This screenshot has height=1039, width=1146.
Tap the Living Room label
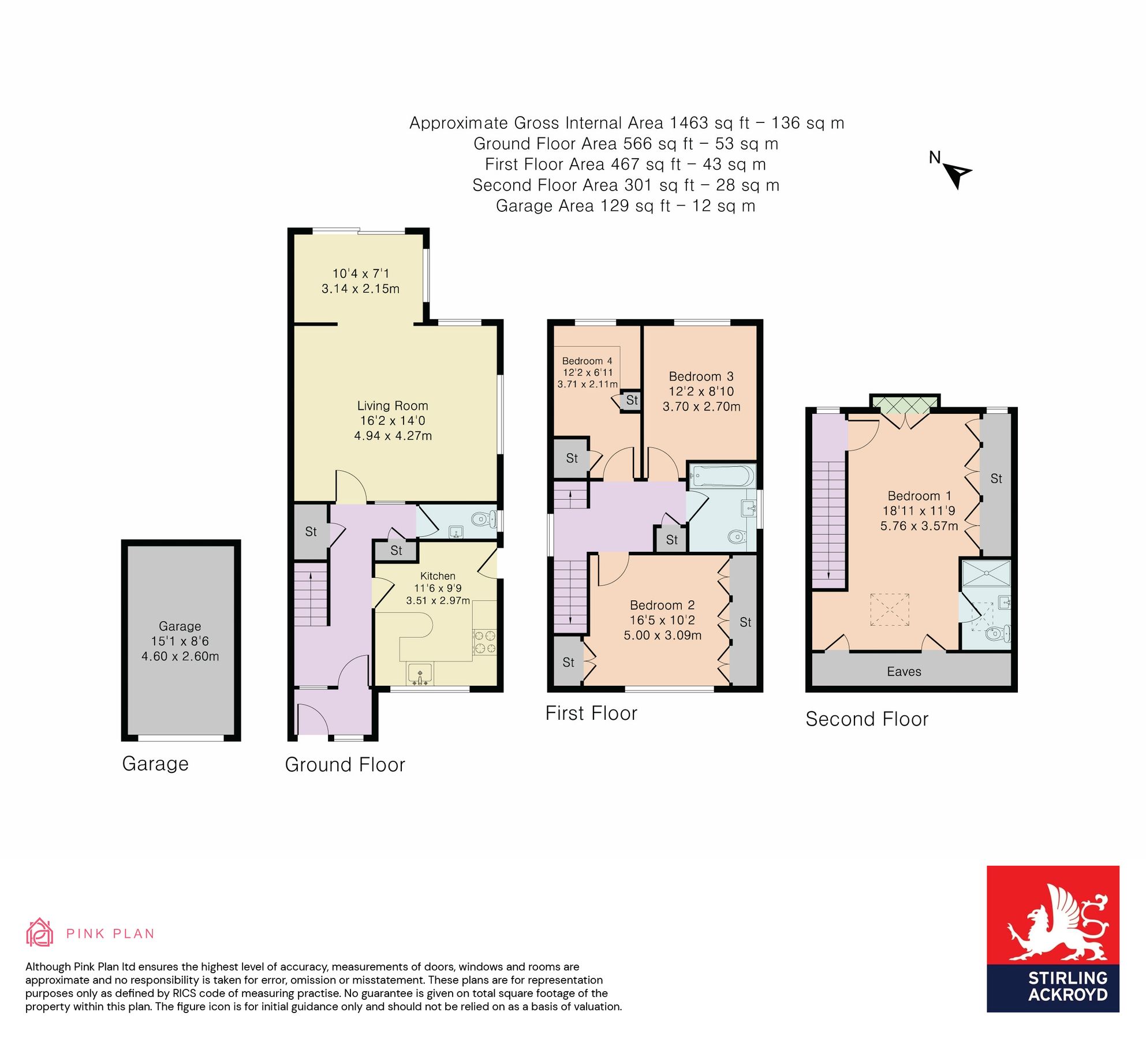click(393, 406)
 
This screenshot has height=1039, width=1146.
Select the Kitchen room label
click(438, 576)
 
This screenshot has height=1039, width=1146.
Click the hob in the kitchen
click(484, 642)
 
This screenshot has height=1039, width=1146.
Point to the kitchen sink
click(420, 673)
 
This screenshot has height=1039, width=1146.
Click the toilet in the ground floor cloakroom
click(482, 519)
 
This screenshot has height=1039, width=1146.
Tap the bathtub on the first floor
click(722, 477)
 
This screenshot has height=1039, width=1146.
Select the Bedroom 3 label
click(701, 376)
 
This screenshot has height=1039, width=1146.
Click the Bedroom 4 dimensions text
click(588, 379)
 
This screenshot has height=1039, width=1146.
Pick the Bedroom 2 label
click(662, 605)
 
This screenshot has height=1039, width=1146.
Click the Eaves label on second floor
click(904, 671)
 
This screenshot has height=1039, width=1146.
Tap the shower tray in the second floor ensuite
click(986, 573)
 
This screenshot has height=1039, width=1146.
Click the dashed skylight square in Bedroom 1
click(890, 610)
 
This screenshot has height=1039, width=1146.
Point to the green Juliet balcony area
click(905, 405)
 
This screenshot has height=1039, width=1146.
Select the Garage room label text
click(180, 626)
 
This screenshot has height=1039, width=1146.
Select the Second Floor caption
click(867, 719)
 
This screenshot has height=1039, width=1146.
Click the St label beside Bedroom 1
click(996, 479)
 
